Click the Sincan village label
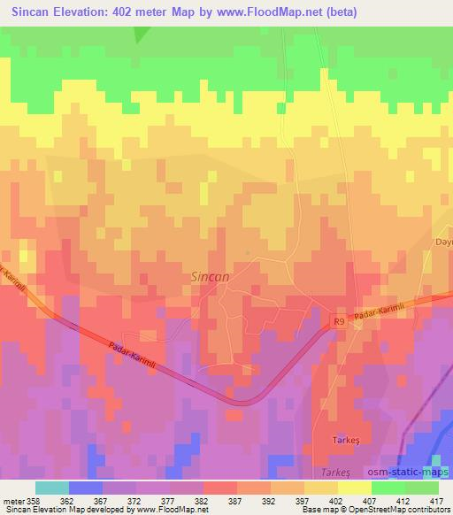click(211, 277)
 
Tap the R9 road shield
click(337, 323)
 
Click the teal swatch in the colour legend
click(52, 488)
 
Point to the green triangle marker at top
click(139, 34)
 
